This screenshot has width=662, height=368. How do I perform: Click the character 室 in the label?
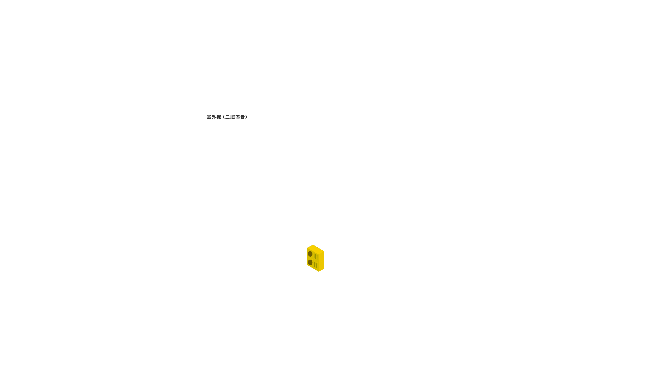[x=209, y=117]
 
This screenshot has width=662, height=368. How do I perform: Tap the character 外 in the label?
[x=214, y=117]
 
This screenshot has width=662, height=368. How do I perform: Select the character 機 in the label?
[x=219, y=117]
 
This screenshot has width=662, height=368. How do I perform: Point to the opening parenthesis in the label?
[x=224, y=117]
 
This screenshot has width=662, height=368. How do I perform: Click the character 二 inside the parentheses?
[x=228, y=117]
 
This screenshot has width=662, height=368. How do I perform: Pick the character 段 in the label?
[x=233, y=117]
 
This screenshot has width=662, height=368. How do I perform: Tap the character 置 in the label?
[x=238, y=117]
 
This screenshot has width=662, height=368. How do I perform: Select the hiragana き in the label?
[x=243, y=117]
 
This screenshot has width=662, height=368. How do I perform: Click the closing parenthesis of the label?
[x=246, y=117]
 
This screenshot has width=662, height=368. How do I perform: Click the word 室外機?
[x=214, y=117]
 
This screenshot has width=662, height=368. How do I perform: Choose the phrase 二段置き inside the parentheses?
[x=235, y=117]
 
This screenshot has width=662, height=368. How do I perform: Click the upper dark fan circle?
[x=310, y=254]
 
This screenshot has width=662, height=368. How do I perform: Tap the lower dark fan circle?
[x=310, y=262]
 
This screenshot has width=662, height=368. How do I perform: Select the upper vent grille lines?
[x=316, y=256]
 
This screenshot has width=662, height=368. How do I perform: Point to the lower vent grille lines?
[x=316, y=265]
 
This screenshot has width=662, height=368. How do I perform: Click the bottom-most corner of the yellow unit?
[x=319, y=271]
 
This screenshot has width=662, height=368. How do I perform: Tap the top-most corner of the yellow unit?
[x=313, y=245]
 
